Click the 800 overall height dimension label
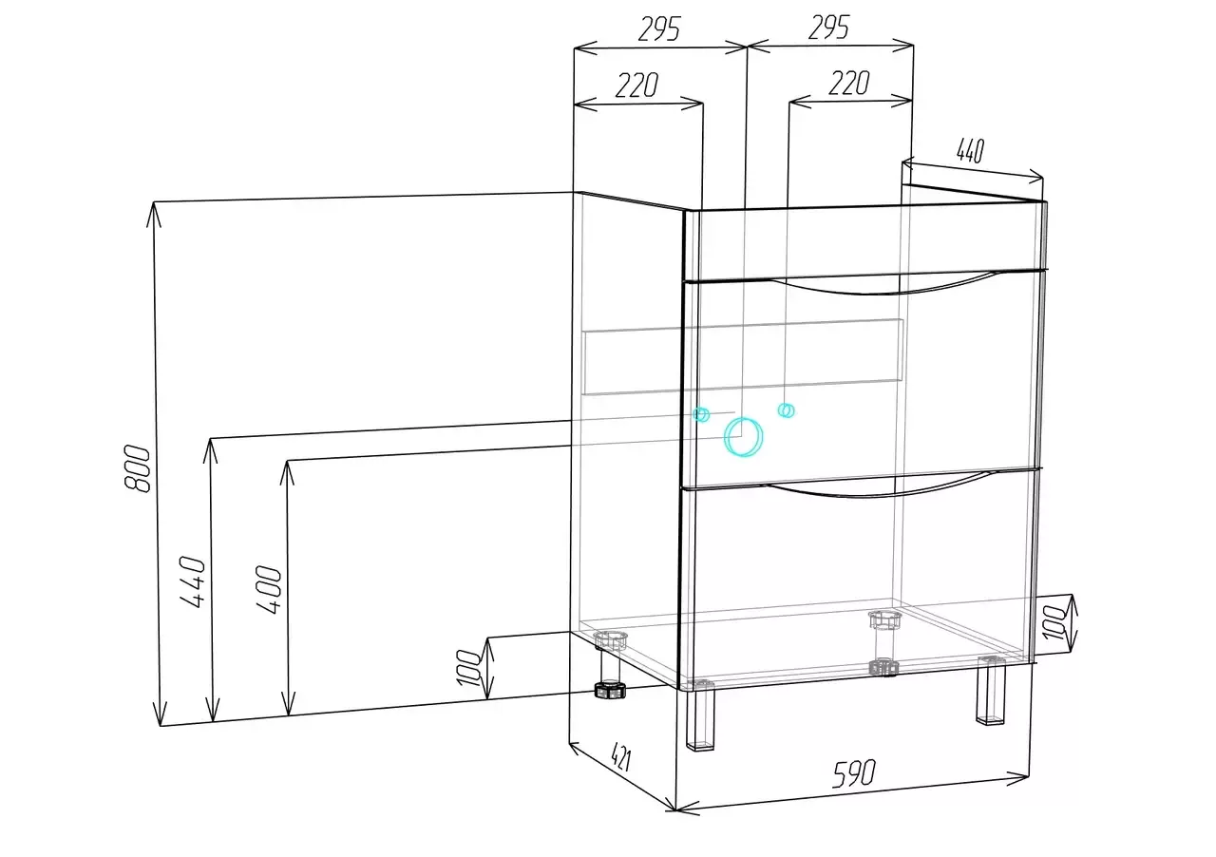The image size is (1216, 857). [x=137, y=468]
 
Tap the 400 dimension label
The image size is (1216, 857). [x=269, y=590]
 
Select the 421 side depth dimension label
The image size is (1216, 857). [x=621, y=758]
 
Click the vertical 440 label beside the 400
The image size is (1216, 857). [x=193, y=581]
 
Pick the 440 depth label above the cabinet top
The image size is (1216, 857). [x=970, y=150]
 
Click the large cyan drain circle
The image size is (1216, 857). [x=743, y=437]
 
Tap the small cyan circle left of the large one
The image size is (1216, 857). [x=701, y=415]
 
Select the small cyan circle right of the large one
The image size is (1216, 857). [x=786, y=410]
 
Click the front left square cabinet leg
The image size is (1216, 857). [x=700, y=718]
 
